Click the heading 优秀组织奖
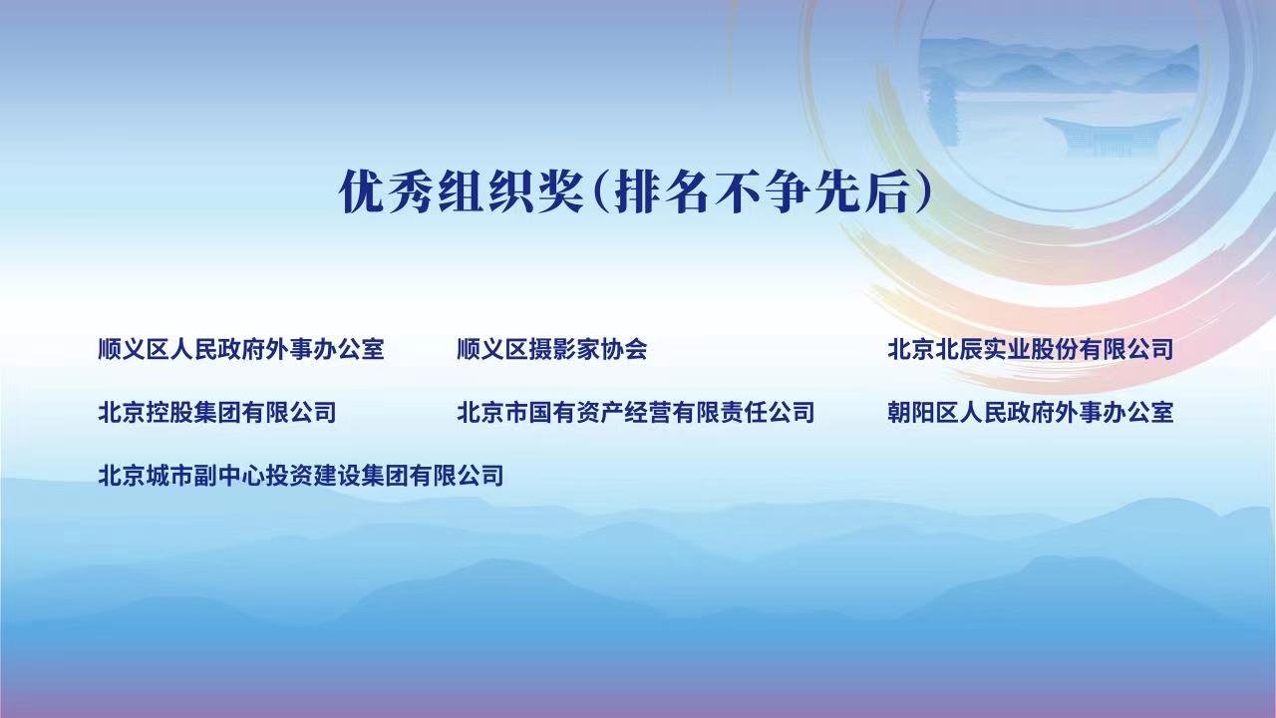coord(462,191)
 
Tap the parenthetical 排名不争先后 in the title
coord(763,191)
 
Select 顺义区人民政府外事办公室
coord(241,349)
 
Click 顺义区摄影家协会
coord(552,349)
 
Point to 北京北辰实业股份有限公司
coord(1031,349)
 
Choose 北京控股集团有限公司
coord(217,412)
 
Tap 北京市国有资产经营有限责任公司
coord(636,412)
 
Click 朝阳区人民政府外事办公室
coord(1031,412)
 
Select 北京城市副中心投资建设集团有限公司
coord(301,476)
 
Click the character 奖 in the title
coord(560,191)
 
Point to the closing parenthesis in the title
coord(923,191)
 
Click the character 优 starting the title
coord(362,191)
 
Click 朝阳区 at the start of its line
coord(923,412)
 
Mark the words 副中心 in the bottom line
coord(229,476)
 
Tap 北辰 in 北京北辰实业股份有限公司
coord(959,349)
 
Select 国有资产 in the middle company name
coord(576,412)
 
